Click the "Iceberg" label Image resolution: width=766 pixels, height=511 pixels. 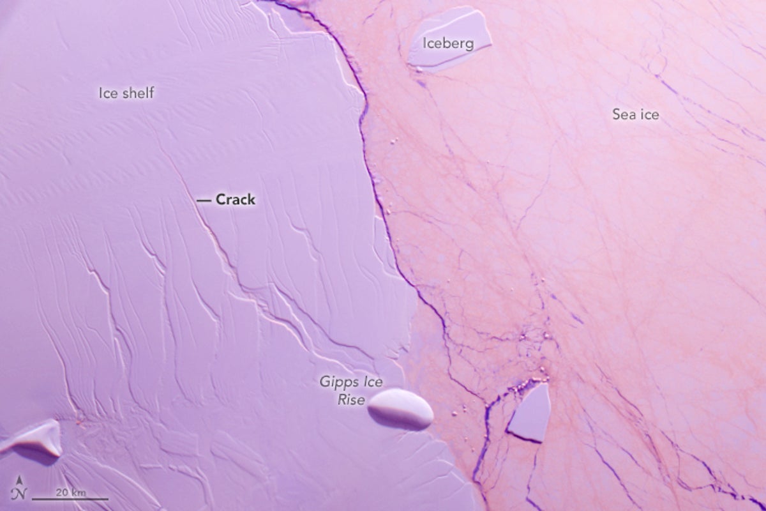(449, 43)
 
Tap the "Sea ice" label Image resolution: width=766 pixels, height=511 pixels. (635, 115)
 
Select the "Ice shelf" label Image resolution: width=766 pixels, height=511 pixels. (126, 93)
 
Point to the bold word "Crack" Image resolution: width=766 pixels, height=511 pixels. (235, 200)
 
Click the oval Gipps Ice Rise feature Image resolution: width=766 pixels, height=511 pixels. (401, 408)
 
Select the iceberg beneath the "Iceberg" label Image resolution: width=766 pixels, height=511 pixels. (450, 40)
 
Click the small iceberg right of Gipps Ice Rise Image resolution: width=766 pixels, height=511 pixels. (530, 414)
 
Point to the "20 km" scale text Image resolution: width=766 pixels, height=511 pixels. (70, 492)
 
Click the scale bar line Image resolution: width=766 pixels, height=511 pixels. (70, 499)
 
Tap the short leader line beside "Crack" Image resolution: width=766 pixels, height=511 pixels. (204, 201)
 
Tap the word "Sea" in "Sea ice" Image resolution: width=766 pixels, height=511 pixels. (623, 115)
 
